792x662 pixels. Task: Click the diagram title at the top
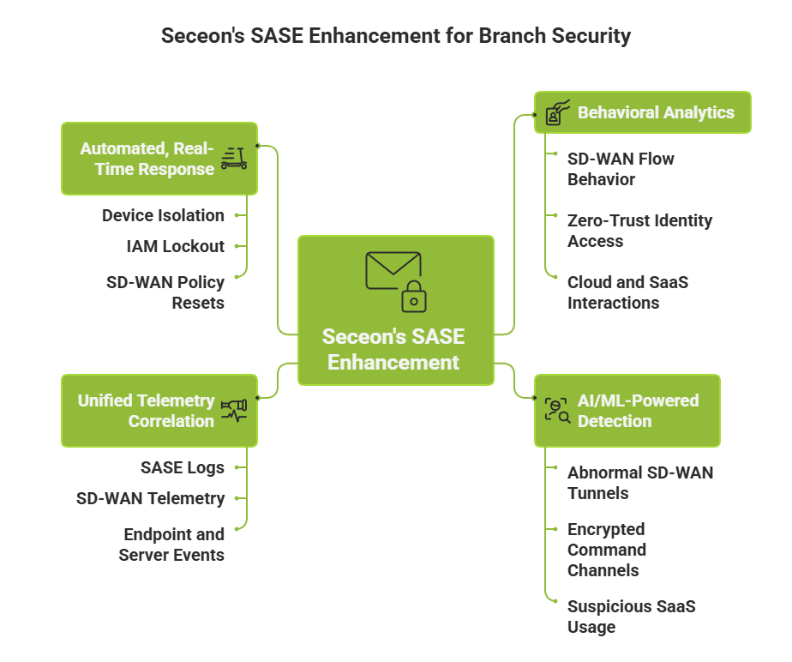coord(396,36)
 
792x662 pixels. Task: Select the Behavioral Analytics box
coord(643,112)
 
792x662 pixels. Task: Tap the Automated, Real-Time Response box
coord(159,159)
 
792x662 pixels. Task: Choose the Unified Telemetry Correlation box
coord(159,411)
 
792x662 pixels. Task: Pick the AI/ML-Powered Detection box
coord(627,411)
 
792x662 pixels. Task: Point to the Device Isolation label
coord(163,215)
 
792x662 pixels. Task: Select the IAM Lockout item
coord(175,246)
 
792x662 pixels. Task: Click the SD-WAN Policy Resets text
coord(165,292)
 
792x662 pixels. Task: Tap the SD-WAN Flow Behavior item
coord(621,169)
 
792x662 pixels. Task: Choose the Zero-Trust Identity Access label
coord(639,231)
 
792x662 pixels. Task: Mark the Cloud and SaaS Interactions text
coord(627,292)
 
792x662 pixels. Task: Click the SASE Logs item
coord(182,467)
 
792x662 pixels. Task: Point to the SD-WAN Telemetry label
coord(150,498)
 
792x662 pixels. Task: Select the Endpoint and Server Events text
coord(171,545)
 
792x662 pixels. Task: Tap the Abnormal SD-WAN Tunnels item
coord(639,483)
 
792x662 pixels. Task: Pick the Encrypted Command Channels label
coord(606,550)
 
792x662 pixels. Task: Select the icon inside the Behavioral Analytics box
coord(558,113)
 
